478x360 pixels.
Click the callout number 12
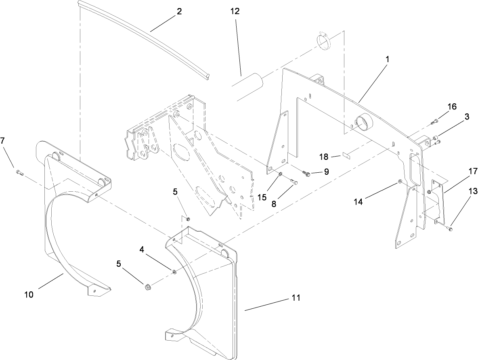pyautogui.click(x=235, y=11)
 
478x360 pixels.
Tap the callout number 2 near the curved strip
pyautogui.click(x=179, y=11)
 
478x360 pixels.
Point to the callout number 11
pyautogui.click(x=296, y=298)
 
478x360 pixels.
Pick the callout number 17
pyautogui.click(x=461, y=172)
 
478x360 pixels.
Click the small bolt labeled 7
pyautogui.click(x=19, y=172)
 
